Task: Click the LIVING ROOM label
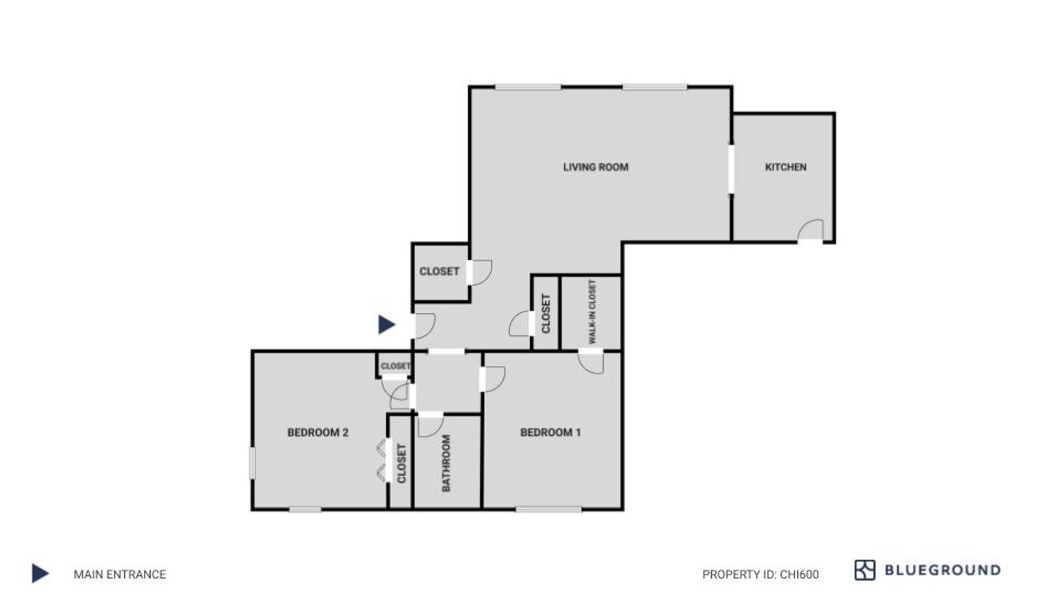tap(595, 168)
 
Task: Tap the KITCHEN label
tap(786, 168)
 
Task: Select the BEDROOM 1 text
tap(550, 433)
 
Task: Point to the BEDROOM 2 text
tap(318, 433)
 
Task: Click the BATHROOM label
tap(446, 463)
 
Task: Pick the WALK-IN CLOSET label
tap(592, 311)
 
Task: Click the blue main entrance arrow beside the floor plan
tap(387, 325)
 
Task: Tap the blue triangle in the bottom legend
tap(40, 573)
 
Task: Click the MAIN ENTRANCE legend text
tap(120, 574)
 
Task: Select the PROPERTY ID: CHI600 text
tap(760, 574)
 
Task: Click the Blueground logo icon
tap(865, 570)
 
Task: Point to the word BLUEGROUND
tap(942, 570)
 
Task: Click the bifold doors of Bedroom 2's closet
tap(381, 462)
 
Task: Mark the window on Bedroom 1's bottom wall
tap(549, 509)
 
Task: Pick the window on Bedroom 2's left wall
tap(253, 463)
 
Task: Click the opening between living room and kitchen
tap(732, 169)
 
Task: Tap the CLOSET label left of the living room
tap(439, 272)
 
